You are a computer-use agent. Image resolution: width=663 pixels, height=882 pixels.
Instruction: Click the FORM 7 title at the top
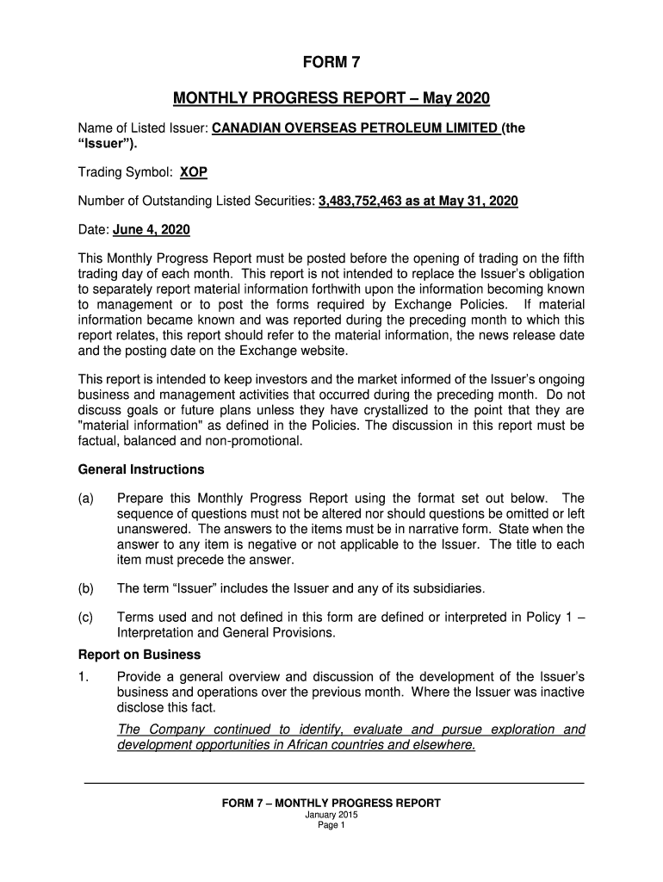[331, 62]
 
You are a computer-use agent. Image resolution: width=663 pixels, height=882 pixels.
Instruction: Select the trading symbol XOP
[193, 171]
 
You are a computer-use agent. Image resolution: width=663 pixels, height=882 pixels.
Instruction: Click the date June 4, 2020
[146, 231]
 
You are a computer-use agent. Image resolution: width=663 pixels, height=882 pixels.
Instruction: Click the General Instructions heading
[141, 469]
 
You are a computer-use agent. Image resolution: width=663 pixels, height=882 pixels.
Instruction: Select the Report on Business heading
[139, 654]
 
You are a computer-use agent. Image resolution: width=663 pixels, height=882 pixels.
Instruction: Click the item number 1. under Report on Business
[84, 677]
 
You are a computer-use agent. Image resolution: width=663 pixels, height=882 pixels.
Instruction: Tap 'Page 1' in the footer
[331, 825]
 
